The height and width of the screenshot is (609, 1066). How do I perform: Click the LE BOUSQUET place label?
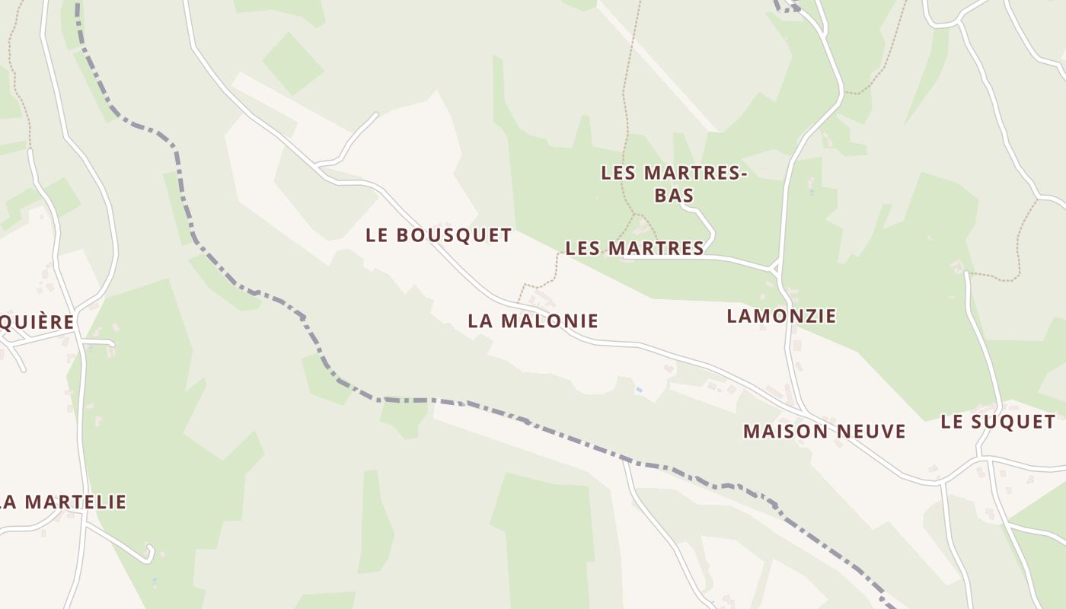[x=438, y=235]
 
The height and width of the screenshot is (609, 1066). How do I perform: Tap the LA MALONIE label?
[x=533, y=320]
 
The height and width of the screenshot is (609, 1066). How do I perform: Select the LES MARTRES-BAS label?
[x=674, y=183]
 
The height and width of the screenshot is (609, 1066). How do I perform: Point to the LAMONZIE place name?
[x=781, y=315]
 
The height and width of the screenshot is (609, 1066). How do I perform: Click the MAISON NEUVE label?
[x=824, y=432]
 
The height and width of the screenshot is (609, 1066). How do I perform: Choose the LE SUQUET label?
[x=997, y=422]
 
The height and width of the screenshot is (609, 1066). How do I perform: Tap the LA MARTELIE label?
[x=63, y=502]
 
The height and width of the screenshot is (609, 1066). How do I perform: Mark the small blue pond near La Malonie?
[x=639, y=390]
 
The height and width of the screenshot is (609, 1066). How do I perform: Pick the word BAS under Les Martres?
[x=674, y=195]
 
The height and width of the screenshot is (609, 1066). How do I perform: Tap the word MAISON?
[x=784, y=432]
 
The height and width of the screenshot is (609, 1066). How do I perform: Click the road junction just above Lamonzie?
[x=775, y=269]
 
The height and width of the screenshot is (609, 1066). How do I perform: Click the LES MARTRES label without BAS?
[x=634, y=248]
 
